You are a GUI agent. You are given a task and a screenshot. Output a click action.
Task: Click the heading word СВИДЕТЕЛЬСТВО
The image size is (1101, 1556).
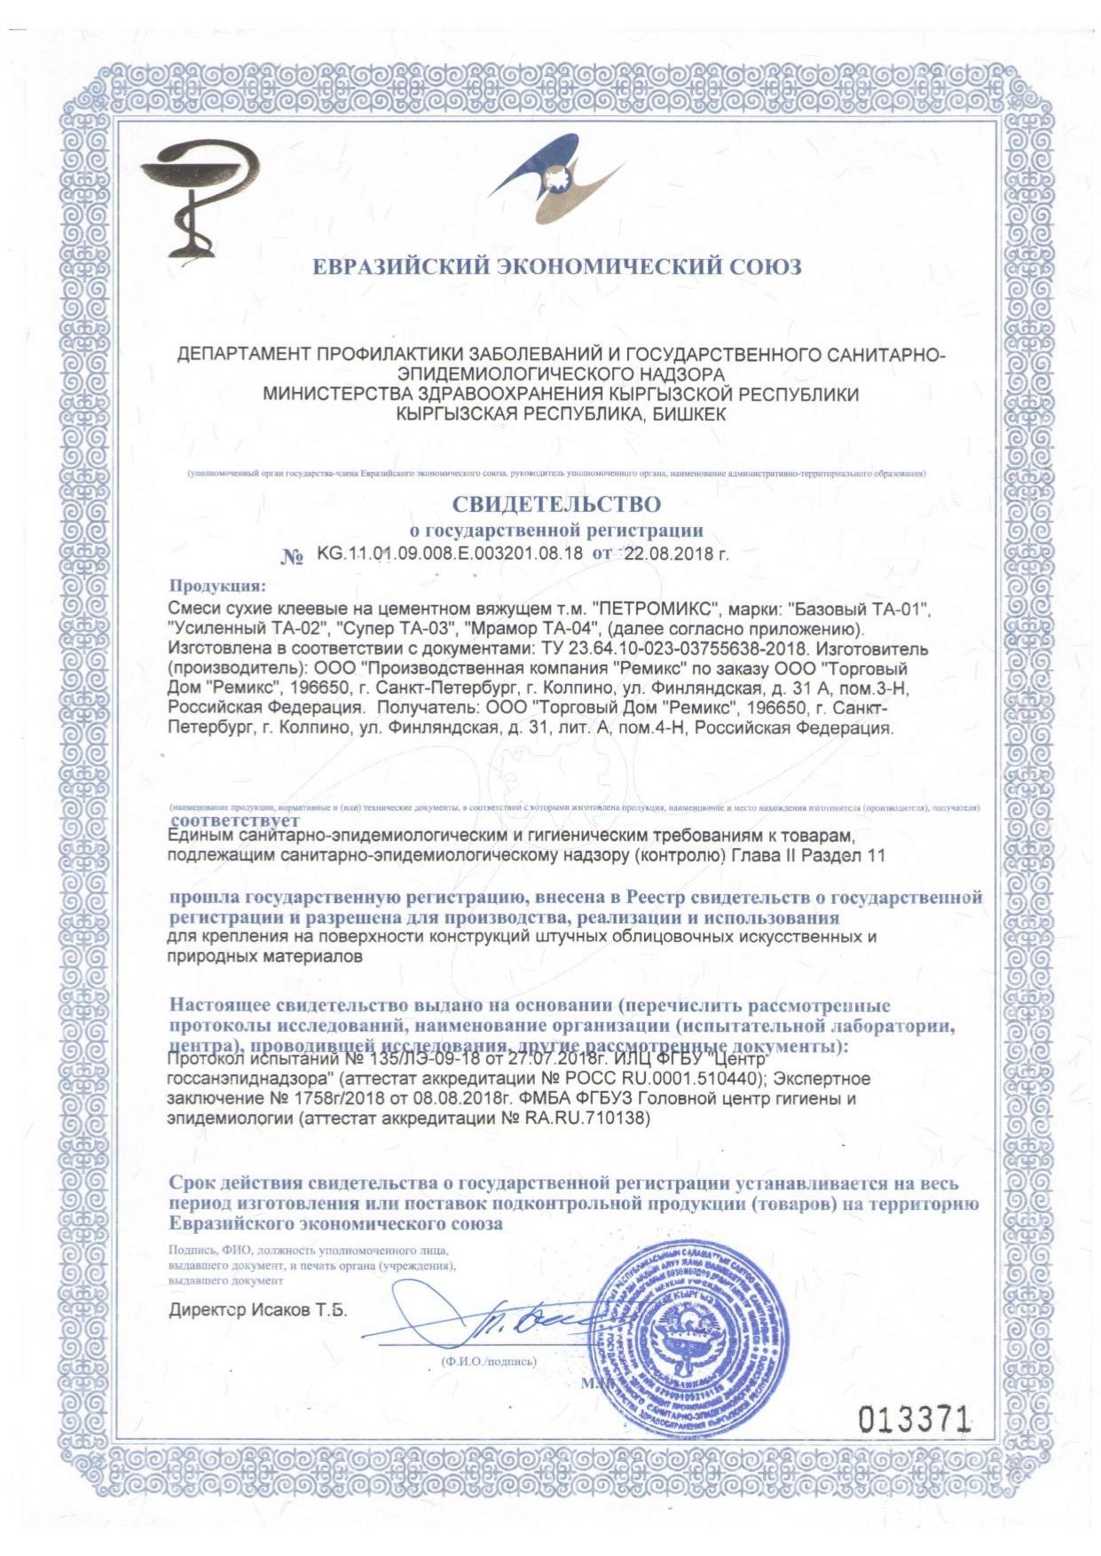556,504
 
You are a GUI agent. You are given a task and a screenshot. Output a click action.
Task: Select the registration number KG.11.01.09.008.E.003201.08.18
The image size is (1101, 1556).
450,554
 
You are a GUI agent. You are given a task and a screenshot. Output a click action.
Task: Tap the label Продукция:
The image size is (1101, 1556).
216,585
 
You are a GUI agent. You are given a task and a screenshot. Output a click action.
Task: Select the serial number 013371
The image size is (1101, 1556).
915,1420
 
